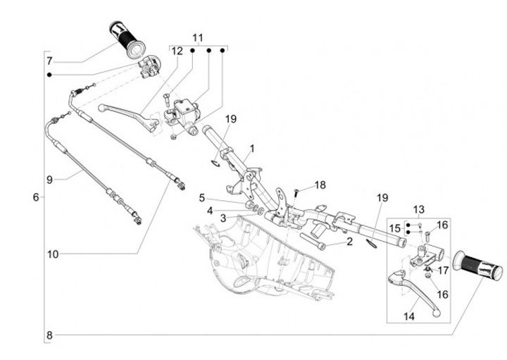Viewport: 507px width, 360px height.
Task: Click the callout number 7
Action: tap(49, 61)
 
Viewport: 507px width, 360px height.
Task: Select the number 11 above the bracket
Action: tap(197, 37)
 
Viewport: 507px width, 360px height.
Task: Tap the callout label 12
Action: tap(177, 51)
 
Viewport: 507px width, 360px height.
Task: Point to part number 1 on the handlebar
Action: tap(252, 149)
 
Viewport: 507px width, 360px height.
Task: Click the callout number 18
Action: tap(320, 185)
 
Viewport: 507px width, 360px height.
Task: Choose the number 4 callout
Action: tap(210, 209)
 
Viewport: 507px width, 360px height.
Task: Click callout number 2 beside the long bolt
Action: tap(349, 242)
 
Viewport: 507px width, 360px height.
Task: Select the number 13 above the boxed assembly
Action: tap(419, 209)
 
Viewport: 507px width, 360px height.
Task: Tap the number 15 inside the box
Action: tap(395, 228)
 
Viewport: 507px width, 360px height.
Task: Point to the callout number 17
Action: tap(443, 270)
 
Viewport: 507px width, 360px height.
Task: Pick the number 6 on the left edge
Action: tap(36, 197)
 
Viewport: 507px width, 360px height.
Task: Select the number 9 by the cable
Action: tap(49, 180)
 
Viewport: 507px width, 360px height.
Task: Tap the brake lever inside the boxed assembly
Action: tap(415, 289)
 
